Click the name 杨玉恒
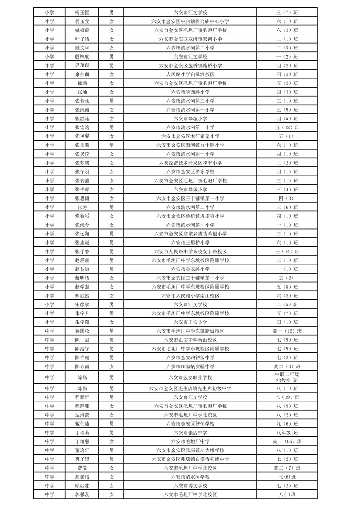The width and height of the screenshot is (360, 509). click(82, 12)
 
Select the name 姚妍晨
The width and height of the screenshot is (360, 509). click(82, 30)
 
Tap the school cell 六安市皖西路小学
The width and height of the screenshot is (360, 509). click(190, 92)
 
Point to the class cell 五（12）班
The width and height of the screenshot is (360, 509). click(287, 127)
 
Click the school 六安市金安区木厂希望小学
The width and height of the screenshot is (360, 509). click(190, 136)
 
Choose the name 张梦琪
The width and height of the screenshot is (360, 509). click(82, 162)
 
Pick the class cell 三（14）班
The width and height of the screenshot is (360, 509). click(287, 251)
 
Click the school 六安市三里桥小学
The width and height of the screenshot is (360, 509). click(190, 242)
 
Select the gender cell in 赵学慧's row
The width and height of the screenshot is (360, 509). click(112, 286)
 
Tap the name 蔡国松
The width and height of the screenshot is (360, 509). click(82, 331)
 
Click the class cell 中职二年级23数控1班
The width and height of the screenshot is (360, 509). click(287, 377)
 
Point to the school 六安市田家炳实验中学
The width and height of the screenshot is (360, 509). click(190, 366)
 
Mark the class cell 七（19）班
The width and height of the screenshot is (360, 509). click(287, 397)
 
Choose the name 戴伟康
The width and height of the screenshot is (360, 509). click(82, 423)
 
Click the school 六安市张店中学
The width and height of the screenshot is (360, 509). click(190, 432)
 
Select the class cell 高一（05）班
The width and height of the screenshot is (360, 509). click(287, 441)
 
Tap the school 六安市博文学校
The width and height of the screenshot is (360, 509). click(190, 485)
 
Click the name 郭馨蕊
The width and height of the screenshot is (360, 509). click(82, 494)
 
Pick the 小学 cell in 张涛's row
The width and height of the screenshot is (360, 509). click(49, 207)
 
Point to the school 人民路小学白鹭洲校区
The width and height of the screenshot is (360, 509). click(190, 74)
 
